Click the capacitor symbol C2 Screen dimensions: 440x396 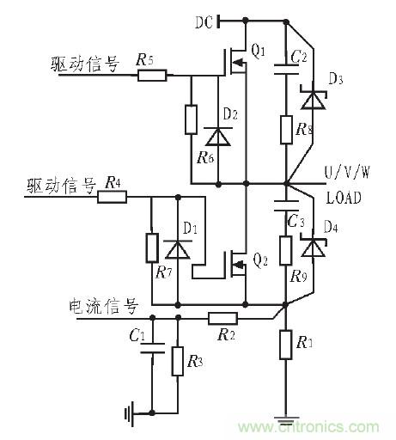[x=285, y=73]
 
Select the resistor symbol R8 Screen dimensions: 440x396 [x=285, y=131]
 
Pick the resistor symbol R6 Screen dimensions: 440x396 [x=191, y=119]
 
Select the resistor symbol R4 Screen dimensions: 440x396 [x=112, y=197]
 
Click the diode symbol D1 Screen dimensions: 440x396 [x=177, y=249]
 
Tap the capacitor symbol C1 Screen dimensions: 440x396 [x=152, y=351]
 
